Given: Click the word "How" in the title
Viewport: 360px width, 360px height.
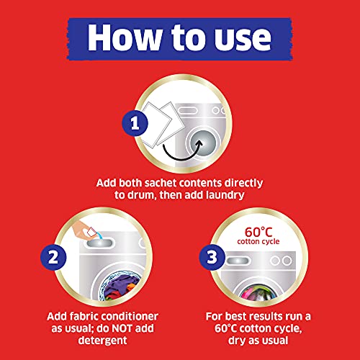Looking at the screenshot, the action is coord(125,37).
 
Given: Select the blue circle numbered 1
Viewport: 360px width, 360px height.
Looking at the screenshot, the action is coord(135,123).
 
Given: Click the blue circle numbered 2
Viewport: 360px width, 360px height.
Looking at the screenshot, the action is coord(53,257).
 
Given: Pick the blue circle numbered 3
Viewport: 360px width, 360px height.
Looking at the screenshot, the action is coord(212,257).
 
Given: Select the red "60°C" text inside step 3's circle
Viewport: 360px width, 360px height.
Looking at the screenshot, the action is coord(258,232).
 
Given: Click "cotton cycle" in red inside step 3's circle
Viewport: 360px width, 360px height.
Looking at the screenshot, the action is coord(258,241).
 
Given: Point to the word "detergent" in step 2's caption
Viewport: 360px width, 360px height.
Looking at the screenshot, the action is coord(102,341).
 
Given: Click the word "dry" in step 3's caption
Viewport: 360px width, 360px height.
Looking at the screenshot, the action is coord(236,341).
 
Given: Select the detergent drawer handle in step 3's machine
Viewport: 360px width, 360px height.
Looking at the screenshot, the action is coord(238,261).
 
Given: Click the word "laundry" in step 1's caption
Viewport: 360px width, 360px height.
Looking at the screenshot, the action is coord(225,195).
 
